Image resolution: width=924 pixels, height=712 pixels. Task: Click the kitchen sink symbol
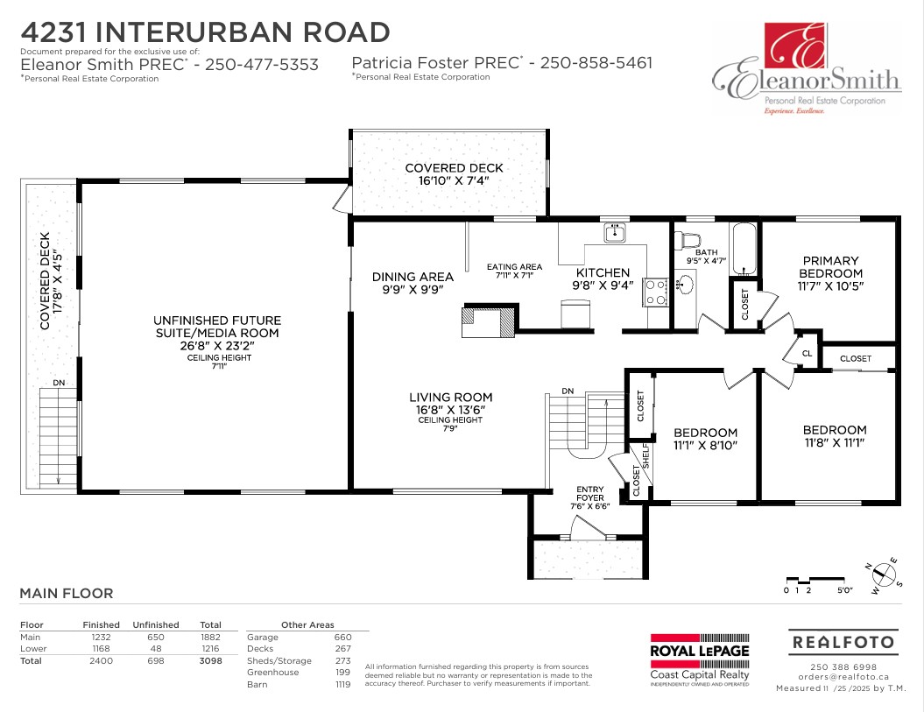pos(615,233)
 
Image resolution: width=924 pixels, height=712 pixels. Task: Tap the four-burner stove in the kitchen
pos(655,293)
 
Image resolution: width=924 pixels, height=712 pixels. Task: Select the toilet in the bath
pos(688,241)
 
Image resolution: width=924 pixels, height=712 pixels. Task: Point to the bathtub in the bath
pos(744,250)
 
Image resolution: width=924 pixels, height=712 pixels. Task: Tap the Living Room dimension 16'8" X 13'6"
pos(451,410)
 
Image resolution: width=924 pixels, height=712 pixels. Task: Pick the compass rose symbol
pos(883,575)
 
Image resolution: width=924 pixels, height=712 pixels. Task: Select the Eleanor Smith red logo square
pos(795,46)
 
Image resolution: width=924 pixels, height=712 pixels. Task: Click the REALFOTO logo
pos(843,642)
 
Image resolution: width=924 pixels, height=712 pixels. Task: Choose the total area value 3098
pos(210,660)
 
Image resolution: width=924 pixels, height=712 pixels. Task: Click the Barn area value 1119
pos(342,684)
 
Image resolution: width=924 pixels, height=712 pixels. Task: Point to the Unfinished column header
pos(156,624)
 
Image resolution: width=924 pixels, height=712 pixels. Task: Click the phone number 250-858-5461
pos(596,62)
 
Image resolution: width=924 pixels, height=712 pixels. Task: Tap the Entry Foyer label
pos(590,493)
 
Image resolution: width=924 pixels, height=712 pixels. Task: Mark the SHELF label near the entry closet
pos(645,455)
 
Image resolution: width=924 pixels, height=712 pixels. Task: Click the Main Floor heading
pos(67,594)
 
